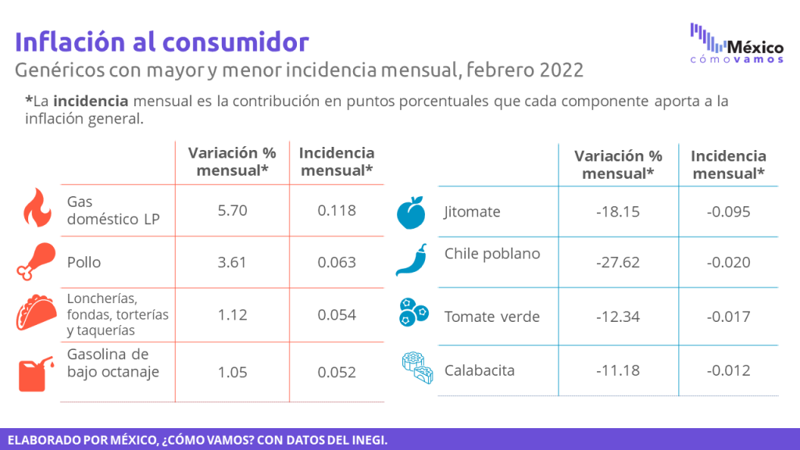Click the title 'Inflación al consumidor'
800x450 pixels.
[x=162, y=42]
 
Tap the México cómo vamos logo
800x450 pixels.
[x=737, y=44]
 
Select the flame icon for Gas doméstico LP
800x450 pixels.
[x=37, y=208]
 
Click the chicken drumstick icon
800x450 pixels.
[x=36, y=261]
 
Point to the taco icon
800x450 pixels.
[x=36, y=312]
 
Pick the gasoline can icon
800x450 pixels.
[x=36, y=373]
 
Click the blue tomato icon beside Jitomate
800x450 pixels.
[x=411, y=212]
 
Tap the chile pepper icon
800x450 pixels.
[x=412, y=259]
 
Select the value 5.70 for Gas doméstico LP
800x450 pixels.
[x=232, y=211]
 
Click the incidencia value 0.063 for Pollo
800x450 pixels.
[x=337, y=262]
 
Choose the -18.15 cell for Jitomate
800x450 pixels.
[x=618, y=212]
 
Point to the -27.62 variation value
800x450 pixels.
[x=618, y=262]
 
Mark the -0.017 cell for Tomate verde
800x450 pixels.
[x=729, y=317]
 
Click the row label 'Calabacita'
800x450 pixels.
[x=480, y=370]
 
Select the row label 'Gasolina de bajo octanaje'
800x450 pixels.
[x=113, y=362]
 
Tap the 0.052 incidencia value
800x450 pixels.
[x=337, y=373]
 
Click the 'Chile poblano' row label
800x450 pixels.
[x=492, y=254]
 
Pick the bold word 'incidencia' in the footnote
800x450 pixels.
[x=91, y=101]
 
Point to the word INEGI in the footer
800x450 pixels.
[x=368, y=441]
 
